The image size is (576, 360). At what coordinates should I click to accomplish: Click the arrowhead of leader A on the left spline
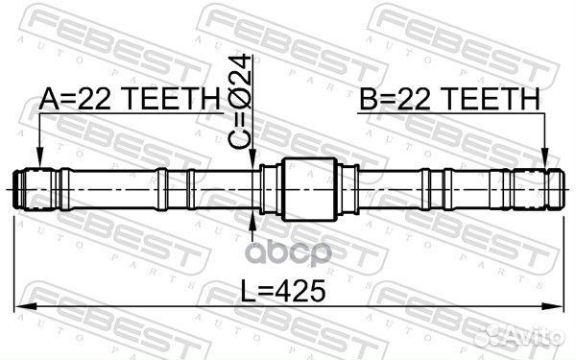pyautogui.click(x=38, y=165)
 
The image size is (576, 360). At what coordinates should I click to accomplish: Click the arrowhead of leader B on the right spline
pyautogui.click(x=544, y=165)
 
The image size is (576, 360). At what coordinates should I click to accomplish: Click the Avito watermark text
pyautogui.click(x=532, y=332)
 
